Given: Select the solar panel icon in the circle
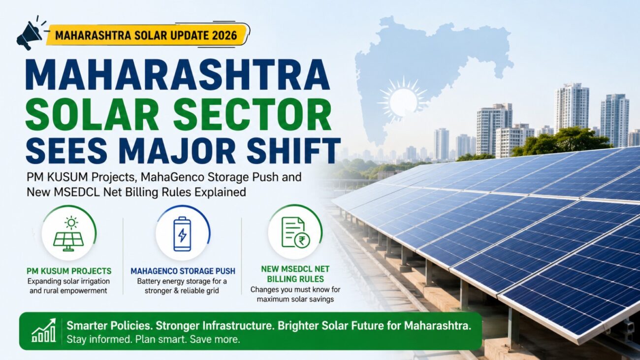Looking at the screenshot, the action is pyautogui.click(x=69, y=234).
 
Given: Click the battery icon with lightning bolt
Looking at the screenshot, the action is pyautogui.click(x=182, y=234).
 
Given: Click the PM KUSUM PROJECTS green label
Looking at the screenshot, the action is pyautogui.click(x=69, y=271).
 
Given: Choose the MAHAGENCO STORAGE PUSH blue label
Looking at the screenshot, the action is pyautogui.click(x=183, y=271).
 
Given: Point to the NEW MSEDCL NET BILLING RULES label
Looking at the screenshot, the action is pyautogui.click(x=295, y=274).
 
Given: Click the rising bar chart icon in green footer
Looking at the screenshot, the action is pyautogui.click(x=43, y=330).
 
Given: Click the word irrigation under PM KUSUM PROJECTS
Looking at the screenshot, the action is pyautogui.click(x=93, y=281).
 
